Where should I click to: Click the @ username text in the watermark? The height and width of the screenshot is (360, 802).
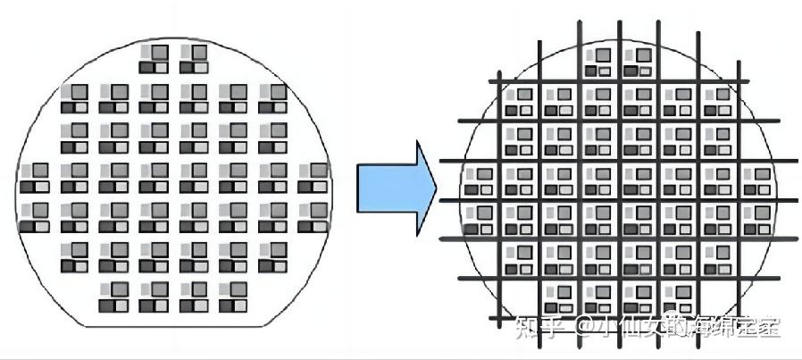678,327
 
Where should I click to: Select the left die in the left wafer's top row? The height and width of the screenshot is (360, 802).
153,60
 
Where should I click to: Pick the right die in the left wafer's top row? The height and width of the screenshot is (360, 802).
192,60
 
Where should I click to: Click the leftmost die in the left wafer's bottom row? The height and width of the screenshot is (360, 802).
113,297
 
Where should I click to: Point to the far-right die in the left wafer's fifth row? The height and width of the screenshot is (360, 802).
312,216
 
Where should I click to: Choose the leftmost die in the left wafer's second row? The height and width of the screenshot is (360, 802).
73,98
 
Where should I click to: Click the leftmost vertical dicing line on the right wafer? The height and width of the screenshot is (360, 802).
498,197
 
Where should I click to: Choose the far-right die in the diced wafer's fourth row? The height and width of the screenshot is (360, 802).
756,180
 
